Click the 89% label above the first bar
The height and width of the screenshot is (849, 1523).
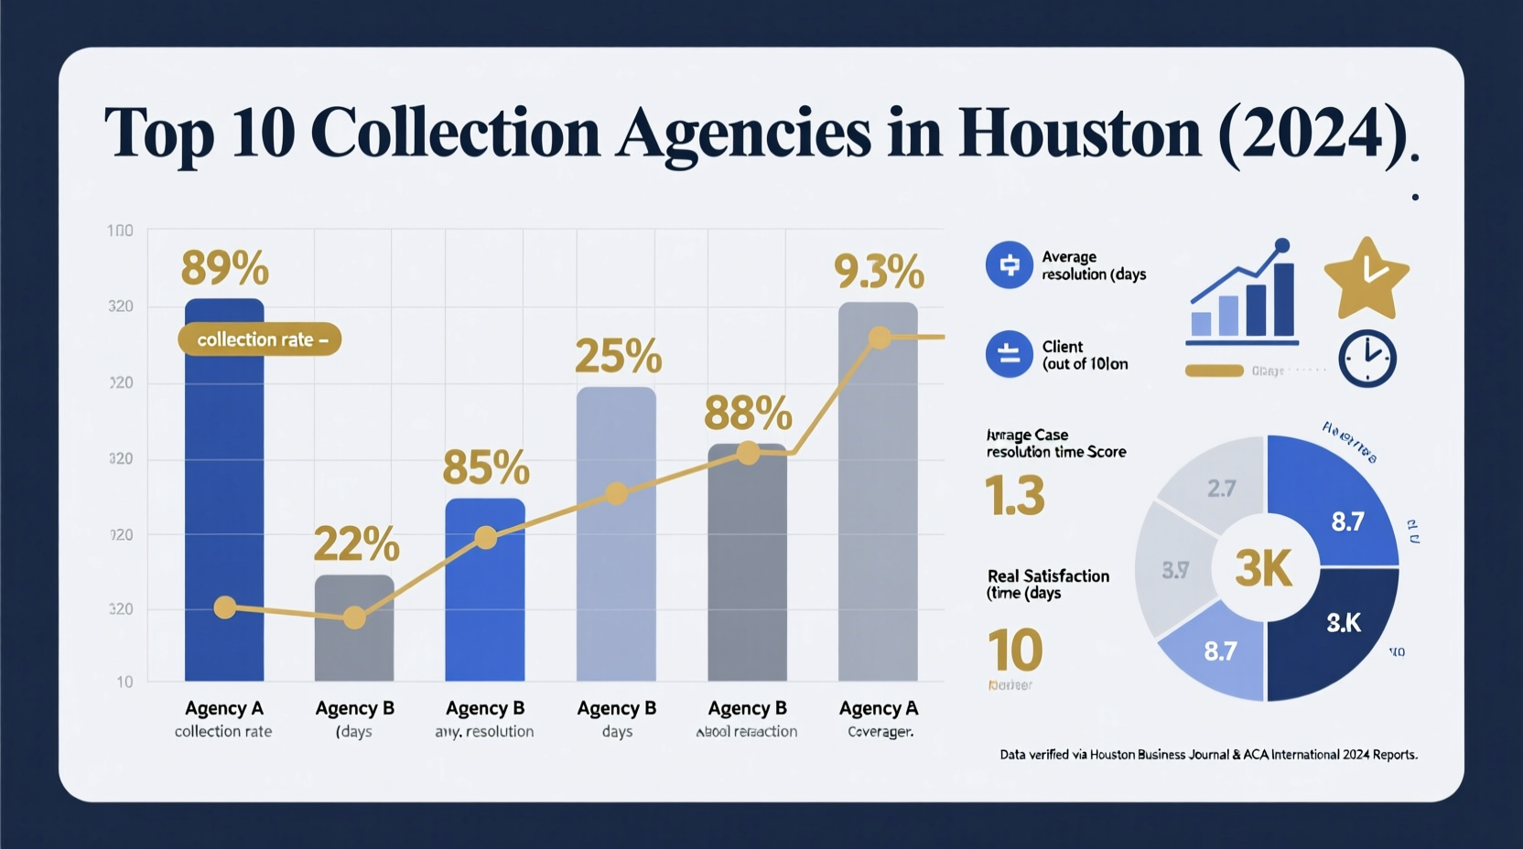pyautogui.click(x=224, y=269)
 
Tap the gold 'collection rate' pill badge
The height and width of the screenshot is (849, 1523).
pyautogui.click(x=259, y=339)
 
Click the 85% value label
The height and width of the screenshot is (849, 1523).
pyautogui.click(x=485, y=467)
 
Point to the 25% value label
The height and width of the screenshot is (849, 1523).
pyautogui.click(x=618, y=356)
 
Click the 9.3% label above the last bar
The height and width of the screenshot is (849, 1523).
pyautogui.click(x=879, y=272)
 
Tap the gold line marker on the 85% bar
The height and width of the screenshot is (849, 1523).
pyautogui.click(x=486, y=538)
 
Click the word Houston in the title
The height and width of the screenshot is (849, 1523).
pyautogui.click(x=1078, y=134)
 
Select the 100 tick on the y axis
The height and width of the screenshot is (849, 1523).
pyautogui.click(x=120, y=231)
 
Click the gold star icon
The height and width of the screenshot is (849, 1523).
pyautogui.click(x=1366, y=278)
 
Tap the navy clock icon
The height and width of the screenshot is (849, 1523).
pyautogui.click(x=1366, y=358)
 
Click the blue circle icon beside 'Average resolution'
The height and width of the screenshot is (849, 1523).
pyautogui.click(x=1009, y=265)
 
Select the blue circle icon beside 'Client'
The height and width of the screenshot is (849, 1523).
pyautogui.click(x=1009, y=354)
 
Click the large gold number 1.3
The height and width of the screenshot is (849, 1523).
pyautogui.click(x=1014, y=495)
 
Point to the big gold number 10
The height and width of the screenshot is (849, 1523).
pyautogui.click(x=1014, y=650)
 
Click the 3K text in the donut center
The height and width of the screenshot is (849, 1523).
pyautogui.click(x=1264, y=569)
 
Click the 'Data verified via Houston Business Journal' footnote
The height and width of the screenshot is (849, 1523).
pyautogui.click(x=1208, y=755)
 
